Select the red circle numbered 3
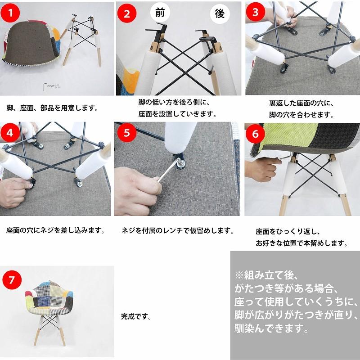point(256,12)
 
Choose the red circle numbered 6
point(256,134)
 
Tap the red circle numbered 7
point(12,279)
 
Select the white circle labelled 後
point(220,13)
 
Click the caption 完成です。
point(136,316)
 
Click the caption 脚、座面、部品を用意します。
point(52,108)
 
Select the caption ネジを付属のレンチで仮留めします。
point(178,230)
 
